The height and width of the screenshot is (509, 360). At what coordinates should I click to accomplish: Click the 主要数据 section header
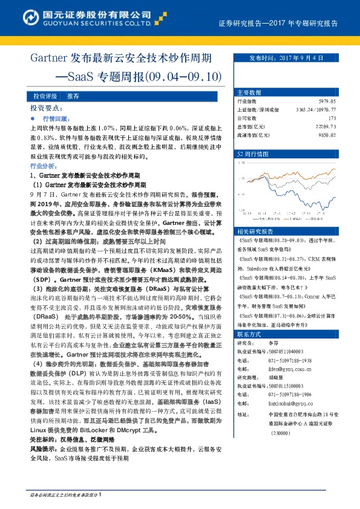pyautogui.click(x=249, y=92)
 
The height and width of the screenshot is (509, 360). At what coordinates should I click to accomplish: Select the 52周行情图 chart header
pyautogui.click(x=252, y=154)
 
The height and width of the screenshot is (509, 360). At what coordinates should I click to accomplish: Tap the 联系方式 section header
pyautogui.click(x=249, y=334)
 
